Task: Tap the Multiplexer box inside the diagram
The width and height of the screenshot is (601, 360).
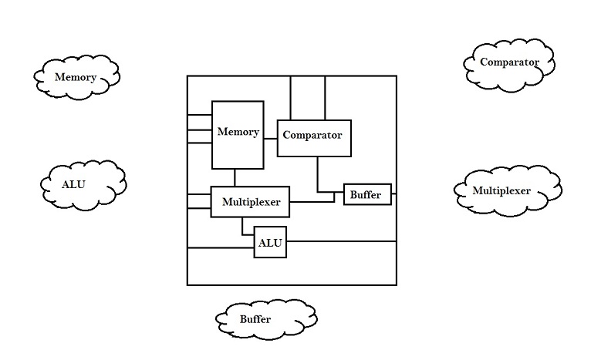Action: pyautogui.click(x=250, y=203)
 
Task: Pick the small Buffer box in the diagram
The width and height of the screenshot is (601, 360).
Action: pyautogui.click(x=367, y=195)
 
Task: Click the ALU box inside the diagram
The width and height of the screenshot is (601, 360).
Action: pyautogui.click(x=270, y=243)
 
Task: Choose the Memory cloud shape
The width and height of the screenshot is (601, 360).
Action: pyautogui.click(x=76, y=77)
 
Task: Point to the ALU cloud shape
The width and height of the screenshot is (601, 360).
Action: pyautogui.click(x=83, y=184)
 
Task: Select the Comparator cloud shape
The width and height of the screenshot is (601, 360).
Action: pyautogui.click(x=510, y=62)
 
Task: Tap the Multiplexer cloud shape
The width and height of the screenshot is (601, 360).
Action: pyautogui.click(x=506, y=190)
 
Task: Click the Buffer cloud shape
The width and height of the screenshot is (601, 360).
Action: pyautogui.click(x=265, y=318)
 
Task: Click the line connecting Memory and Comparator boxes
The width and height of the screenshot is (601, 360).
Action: pyautogui.click(x=269, y=139)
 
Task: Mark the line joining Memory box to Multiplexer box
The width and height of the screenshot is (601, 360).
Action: pyautogui.click(x=235, y=177)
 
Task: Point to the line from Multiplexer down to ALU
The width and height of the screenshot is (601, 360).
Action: pyautogui.click(x=243, y=226)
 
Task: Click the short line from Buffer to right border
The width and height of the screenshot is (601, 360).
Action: pyautogui.click(x=394, y=195)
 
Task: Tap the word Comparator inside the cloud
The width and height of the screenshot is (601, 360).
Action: pyautogui.click(x=508, y=62)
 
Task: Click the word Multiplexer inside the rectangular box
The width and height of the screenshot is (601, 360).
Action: pyautogui.click(x=250, y=203)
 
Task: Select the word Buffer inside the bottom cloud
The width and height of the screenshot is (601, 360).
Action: pyautogui.click(x=255, y=319)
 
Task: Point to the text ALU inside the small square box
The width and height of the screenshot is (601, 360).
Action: pyautogui.click(x=270, y=243)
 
